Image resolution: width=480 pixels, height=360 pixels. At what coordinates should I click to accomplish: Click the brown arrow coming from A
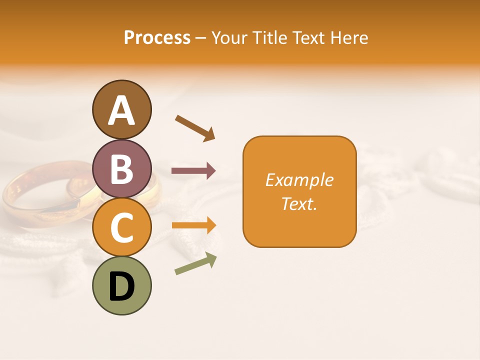coord(195,127)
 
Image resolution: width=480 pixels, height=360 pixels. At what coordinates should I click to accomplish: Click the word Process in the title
coord(157,38)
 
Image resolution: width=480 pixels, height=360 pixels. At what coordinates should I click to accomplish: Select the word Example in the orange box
coord(299,180)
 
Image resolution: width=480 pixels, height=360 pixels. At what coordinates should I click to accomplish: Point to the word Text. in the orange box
coord(299,203)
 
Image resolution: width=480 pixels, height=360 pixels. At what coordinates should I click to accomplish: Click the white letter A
coord(121,111)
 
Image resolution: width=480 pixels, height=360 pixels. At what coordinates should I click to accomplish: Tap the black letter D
coord(121,287)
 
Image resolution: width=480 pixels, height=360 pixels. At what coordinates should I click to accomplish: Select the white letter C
coord(121,228)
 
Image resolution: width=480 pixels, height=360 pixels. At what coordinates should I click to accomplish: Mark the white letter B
coord(121,169)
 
